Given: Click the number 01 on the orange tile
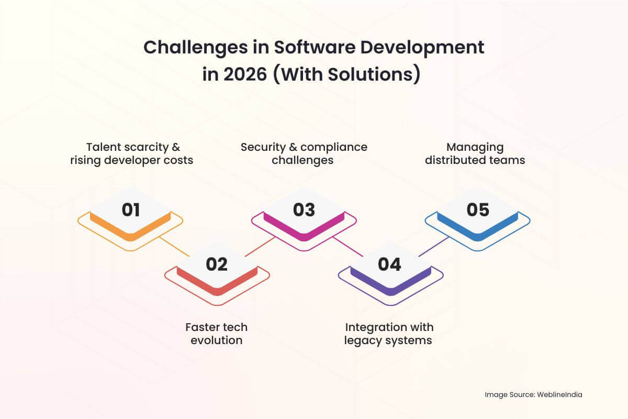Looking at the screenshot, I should (131, 210).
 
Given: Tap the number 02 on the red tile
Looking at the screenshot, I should (217, 264).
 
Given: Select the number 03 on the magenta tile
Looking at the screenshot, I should (304, 210).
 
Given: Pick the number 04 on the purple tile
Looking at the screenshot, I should (389, 264).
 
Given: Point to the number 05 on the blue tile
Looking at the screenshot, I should (478, 210).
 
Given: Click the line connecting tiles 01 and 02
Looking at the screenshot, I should (174, 247).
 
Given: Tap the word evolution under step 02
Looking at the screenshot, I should (217, 340).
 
